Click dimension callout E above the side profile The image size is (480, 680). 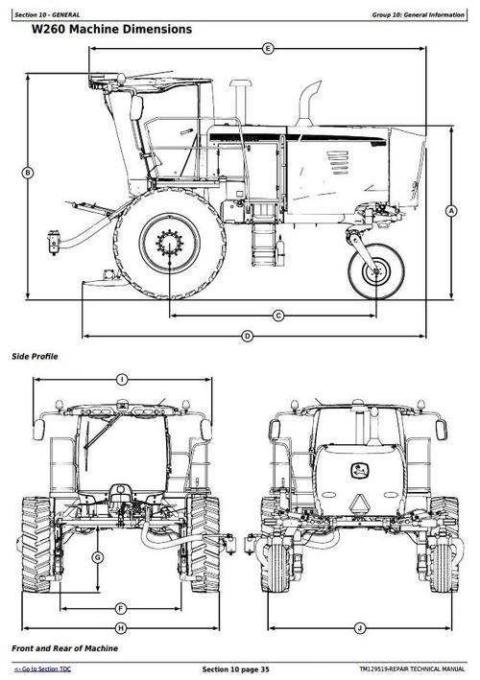(x=268, y=49)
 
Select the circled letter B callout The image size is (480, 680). (x=27, y=173)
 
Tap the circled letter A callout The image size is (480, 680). (x=451, y=211)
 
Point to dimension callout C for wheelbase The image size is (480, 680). (x=278, y=316)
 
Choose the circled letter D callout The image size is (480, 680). (x=247, y=336)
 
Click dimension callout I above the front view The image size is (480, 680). (x=122, y=380)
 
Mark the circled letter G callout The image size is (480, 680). (x=98, y=557)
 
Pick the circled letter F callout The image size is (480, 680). (x=121, y=609)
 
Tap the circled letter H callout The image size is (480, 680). (x=121, y=628)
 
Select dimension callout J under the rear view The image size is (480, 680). (x=360, y=628)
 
